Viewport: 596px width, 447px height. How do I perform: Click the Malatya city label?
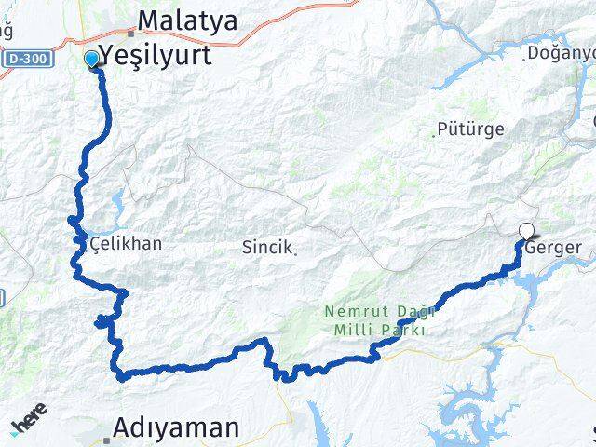pos(187,20)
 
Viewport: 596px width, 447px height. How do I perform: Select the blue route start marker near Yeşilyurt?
pos(91,60)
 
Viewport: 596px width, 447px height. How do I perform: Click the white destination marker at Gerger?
pos(527,232)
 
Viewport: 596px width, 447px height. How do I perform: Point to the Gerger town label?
pos(553,249)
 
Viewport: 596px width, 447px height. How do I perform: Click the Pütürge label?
pos(472,129)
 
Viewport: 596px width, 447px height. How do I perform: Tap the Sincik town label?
pos(267,247)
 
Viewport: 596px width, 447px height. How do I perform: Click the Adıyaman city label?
pos(176,427)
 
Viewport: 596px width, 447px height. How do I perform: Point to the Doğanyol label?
pos(559,53)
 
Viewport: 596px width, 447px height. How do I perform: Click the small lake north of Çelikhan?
pos(117,199)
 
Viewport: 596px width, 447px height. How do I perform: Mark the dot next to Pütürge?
pos(433,134)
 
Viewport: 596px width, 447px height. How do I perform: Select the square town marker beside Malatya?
pos(131,33)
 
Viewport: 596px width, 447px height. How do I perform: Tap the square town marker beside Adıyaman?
pos(105,436)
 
